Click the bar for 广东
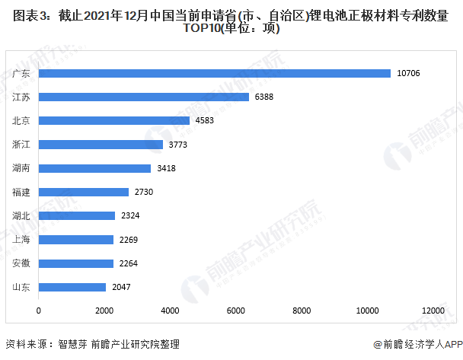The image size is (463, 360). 214,73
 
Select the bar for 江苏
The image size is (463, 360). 143,97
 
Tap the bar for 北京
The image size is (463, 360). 113,120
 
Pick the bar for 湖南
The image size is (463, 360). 94,168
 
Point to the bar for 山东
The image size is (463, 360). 72,287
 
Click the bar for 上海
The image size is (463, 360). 75,240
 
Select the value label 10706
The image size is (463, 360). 409,73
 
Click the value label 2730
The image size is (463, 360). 143,192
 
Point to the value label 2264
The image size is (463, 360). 128,263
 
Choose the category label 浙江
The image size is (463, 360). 21,145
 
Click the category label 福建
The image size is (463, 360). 21,192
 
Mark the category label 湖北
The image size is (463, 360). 21,216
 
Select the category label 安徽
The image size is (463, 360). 21,263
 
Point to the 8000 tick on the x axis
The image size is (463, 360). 302,311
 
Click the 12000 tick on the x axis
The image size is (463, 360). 433,311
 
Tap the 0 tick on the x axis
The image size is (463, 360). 39,311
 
